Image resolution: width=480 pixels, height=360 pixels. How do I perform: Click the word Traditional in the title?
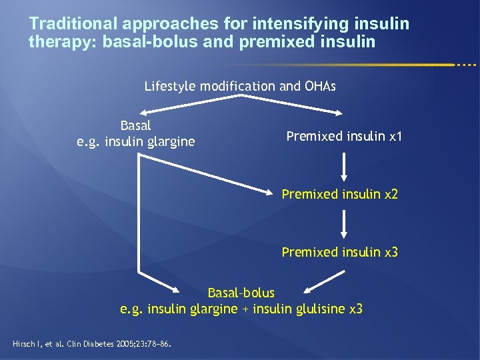coord(73,25)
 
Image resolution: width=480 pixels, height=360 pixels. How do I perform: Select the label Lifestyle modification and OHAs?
coord(240,86)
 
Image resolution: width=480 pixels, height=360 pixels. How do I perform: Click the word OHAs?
coord(320,86)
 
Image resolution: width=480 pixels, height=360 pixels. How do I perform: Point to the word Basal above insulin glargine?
coord(136,125)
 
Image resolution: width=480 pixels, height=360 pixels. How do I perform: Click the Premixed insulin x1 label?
coord(344,137)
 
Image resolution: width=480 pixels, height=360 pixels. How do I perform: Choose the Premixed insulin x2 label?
coord(339,195)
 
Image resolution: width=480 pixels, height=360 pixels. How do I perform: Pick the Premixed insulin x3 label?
coord(339,252)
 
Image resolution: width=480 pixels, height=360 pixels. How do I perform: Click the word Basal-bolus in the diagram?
coord(241,293)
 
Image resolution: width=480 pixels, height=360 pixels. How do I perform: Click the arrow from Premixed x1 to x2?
coord(344,167)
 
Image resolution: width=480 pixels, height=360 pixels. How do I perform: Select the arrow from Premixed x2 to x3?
coord(344,224)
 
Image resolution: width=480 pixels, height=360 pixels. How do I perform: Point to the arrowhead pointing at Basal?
coord(141,113)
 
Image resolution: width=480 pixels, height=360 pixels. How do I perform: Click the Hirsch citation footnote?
coord(92,345)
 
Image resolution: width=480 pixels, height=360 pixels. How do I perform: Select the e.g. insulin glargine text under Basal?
coord(136,141)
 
